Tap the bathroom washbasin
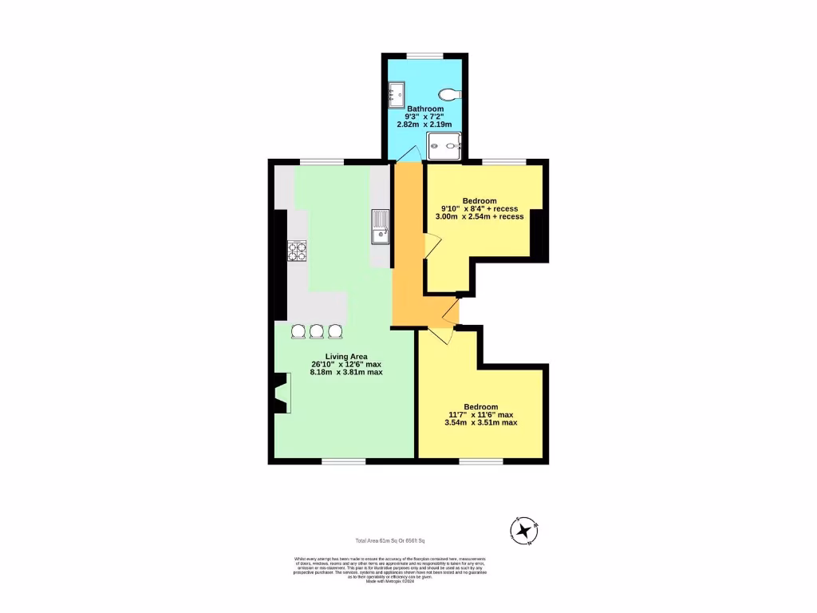[x=395, y=93]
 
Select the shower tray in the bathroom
[x=444, y=145]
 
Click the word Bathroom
[x=425, y=109]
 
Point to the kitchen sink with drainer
[x=379, y=226]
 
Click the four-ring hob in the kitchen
[x=298, y=251]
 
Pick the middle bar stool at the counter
[x=317, y=330]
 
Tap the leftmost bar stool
[x=298, y=330]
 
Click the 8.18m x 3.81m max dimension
[x=346, y=373]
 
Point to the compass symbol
[x=524, y=531]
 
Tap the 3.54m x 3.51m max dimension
[x=480, y=422]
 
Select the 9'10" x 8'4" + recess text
[x=480, y=208]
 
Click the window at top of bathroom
[x=424, y=55]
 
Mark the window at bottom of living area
[x=344, y=461]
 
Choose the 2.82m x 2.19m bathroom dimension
[x=424, y=125]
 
